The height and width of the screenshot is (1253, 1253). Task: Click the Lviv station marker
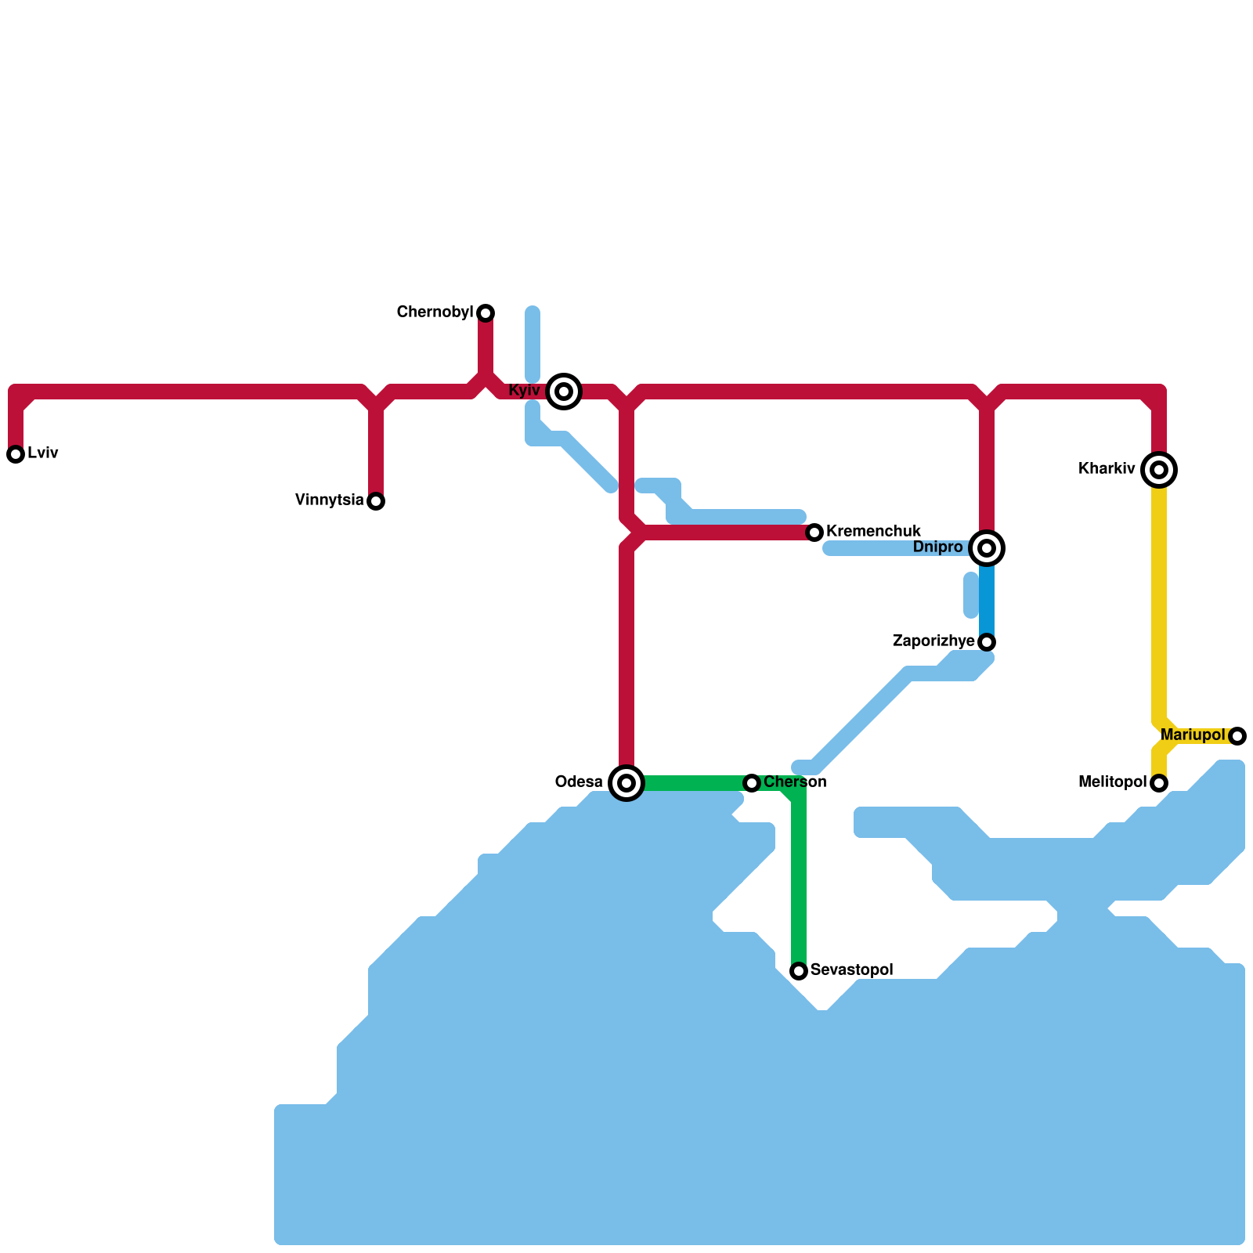pyautogui.click(x=16, y=454)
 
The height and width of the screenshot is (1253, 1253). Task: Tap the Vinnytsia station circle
pyautogui.click(x=376, y=501)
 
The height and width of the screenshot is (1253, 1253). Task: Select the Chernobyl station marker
pyautogui.click(x=486, y=313)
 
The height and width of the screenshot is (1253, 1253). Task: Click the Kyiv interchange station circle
pyautogui.click(x=564, y=392)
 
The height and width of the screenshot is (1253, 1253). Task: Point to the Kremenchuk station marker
pyautogui.click(x=814, y=533)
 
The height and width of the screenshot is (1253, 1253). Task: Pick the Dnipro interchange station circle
pyautogui.click(x=987, y=548)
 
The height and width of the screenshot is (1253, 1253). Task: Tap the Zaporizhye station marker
pyautogui.click(x=987, y=642)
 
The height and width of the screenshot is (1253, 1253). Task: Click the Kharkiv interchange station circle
pyautogui.click(x=1159, y=470)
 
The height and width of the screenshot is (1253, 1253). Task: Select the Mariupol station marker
pyautogui.click(x=1237, y=736)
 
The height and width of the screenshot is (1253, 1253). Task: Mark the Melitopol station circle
pyautogui.click(x=1159, y=783)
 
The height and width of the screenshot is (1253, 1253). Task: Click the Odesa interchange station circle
pyautogui.click(x=626, y=783)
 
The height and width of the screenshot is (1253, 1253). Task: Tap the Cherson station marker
pyautogui.click(x=752, y=783)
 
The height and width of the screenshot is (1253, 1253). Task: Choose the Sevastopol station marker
pyautogui.click(x=799, y=971)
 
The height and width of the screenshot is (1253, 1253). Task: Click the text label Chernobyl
pyautogui.click(x=435, y=312)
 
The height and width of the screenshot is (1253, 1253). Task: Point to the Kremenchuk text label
pyautogui.click(x=873, y=532)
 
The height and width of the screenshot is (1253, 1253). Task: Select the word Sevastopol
pyautogui.click(x=851, y=970)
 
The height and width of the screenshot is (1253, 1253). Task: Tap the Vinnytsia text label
pyautogui.click(x=330, y=500)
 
